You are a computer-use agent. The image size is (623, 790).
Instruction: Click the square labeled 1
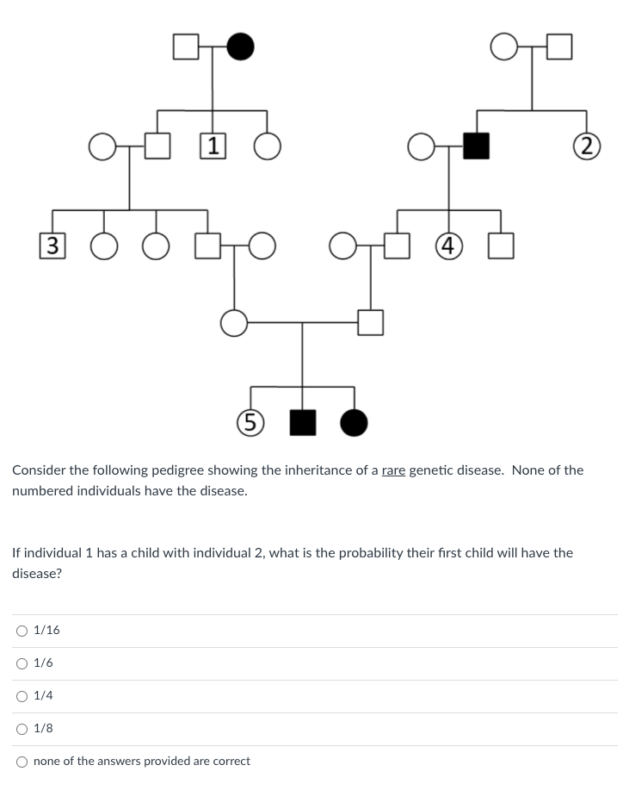(213, 146)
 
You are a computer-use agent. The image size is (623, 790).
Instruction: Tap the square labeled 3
(52, 246)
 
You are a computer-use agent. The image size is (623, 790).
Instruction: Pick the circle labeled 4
(448, 246)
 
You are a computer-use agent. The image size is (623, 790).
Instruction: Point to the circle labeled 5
(250, 421)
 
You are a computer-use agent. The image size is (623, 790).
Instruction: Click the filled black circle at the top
(241, 47)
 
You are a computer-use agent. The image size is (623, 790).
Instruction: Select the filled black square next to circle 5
(302, 421)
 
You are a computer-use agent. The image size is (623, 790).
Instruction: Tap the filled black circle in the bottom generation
(354, 421)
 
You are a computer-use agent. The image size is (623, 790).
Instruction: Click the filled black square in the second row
(476, 146)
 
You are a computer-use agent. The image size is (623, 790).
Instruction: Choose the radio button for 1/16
(22, 631)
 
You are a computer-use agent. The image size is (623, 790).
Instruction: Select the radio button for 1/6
(22, 663)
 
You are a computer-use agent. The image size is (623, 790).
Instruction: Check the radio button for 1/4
(22, 696)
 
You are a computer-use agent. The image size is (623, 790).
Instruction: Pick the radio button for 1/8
(22, 729)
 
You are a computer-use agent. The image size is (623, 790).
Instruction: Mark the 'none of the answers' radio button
(22, 762)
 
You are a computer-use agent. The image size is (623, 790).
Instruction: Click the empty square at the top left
(186, 47)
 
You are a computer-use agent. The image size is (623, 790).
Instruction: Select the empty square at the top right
(558, 47)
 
